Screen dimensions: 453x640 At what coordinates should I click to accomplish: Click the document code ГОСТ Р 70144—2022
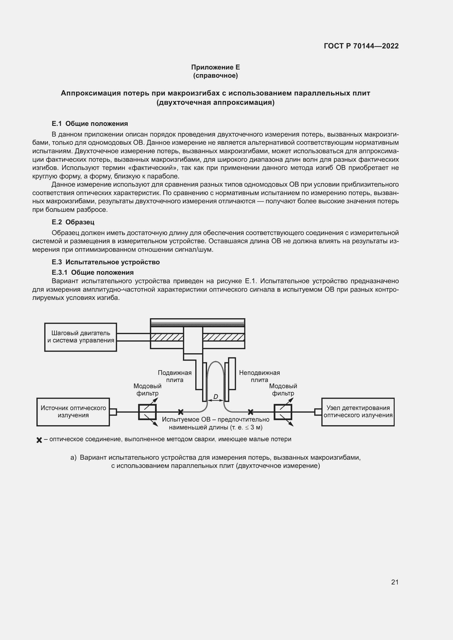point(361,46)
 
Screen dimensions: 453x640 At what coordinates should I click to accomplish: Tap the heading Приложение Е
point(215,67)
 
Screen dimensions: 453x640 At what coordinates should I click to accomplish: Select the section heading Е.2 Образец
point(73,222)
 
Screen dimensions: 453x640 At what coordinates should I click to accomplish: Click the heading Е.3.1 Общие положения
point(93,272)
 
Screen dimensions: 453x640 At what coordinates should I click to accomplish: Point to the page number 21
point(395,582)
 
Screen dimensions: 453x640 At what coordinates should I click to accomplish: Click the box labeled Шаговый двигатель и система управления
point(81,337)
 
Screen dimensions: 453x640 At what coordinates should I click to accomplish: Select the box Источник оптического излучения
point(73,412)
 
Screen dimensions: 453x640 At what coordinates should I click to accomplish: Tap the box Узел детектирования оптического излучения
point(358,412)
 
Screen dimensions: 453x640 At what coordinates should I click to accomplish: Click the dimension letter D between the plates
point(216,397)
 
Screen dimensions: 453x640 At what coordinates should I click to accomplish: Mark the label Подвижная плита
point(175,376)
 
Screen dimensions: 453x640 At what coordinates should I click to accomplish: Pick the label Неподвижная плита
point(259,376)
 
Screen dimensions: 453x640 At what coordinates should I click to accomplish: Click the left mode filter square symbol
point(147,412)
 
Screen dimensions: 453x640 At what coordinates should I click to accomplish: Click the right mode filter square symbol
point(283,412)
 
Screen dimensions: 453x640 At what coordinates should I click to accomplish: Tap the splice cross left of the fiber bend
point(181,412)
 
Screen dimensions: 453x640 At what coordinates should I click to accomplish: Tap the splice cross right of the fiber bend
point(251,412)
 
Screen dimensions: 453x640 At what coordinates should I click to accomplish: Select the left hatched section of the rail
point(167,337)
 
